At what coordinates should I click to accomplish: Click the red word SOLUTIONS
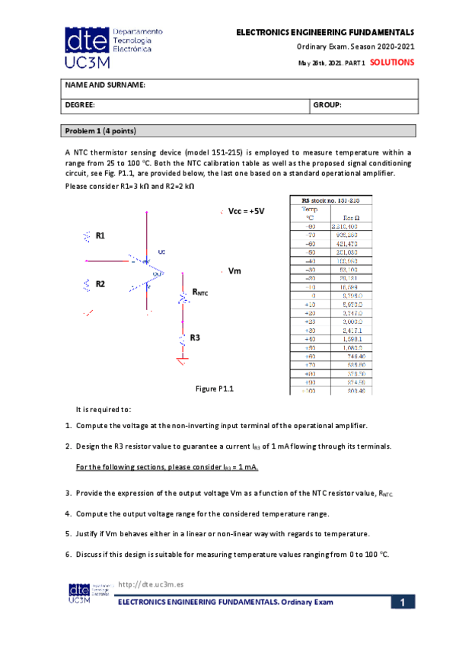tap(392, 62)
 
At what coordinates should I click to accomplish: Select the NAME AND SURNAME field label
tap(104, 85)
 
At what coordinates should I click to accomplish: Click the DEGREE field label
tap(79, 105)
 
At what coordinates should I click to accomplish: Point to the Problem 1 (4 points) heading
tap(100, 130)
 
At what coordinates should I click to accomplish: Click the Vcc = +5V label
tap(246, 211)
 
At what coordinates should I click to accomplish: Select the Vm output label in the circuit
tap(235, 271)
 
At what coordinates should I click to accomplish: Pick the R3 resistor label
tap(195, 337)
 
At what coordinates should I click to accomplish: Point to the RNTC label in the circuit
tap(199, 292)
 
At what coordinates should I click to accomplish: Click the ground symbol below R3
tap(182, 365)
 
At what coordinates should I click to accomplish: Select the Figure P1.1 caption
tap(214, 389)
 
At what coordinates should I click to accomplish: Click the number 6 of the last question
tap(68, 554)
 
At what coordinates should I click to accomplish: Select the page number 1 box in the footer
tap(404, 603)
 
